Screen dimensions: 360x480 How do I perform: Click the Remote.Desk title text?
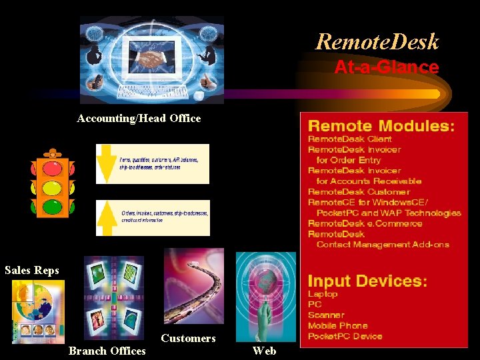[x=377, y=42]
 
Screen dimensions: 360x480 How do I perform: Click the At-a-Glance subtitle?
[x=386, y=67]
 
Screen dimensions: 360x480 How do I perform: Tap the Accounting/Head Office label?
[x=139, y=119]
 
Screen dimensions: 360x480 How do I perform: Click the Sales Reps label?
[x=32, y=271]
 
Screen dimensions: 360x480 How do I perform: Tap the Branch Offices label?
[x=107, y=351]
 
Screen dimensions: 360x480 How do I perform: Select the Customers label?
[x=188, y=339]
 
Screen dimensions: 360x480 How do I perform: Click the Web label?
[x=264, y=351]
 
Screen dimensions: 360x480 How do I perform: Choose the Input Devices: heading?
[x=367, y=281]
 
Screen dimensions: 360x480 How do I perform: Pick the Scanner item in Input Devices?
[x=326, y=315]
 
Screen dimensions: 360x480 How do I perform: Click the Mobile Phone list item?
[x=337, y=325]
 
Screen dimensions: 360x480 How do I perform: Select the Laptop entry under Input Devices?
[x=323, y=294]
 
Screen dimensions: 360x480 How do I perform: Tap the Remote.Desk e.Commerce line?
[x=365, y=223]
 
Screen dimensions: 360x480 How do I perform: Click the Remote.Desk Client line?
[x=349, y=139]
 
